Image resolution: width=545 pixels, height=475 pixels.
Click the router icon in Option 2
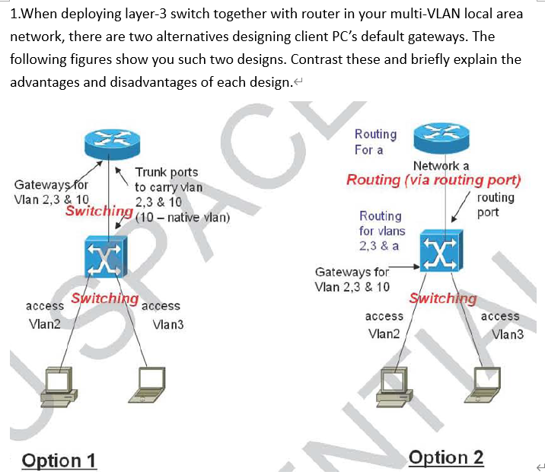(x=438, y=137)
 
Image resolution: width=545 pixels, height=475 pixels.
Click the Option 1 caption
(x=59, y=461)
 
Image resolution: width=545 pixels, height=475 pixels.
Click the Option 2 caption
(x=446, y=457)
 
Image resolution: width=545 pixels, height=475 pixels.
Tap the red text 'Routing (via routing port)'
(x=434, y=180)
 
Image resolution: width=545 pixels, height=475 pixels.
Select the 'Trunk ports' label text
(x=166, y=173)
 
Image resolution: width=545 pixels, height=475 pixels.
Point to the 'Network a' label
(x=441, y=165)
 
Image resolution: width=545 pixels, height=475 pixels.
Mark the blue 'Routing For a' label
(x=375, y=142)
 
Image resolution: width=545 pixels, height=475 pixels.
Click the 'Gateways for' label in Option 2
(x=352, y=272)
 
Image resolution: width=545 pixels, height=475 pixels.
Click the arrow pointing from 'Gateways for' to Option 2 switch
(x=403, y=268)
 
